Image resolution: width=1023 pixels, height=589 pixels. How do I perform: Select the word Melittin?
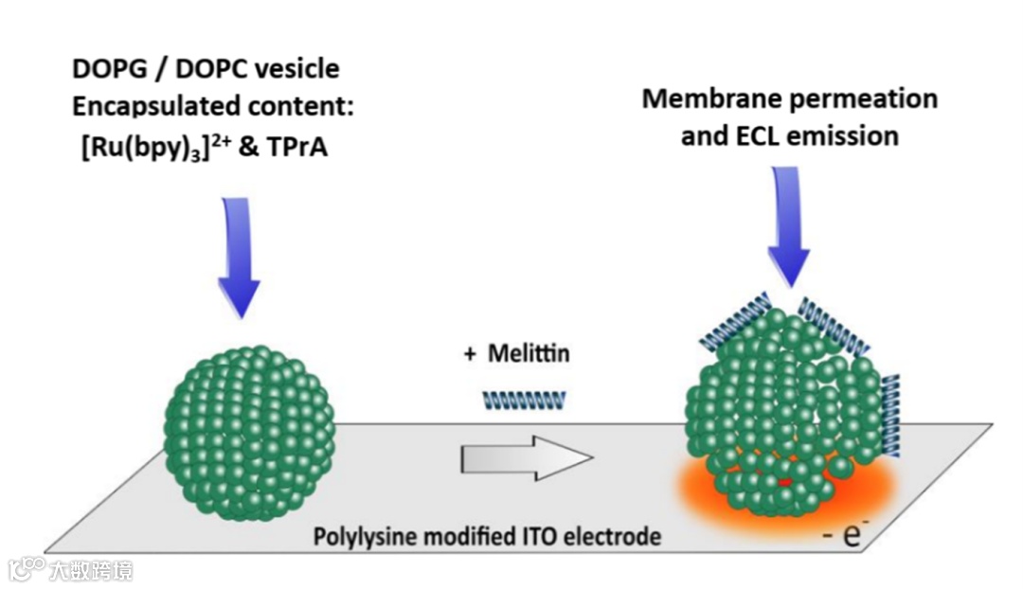click(529, 354)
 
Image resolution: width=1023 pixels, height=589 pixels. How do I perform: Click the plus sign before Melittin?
click(469, 354)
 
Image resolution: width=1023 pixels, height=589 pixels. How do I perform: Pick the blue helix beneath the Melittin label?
click(524, 400)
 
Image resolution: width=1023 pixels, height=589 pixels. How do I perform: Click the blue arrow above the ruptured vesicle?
click(788, 227)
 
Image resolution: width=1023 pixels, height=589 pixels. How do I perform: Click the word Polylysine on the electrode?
click(364, 537)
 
